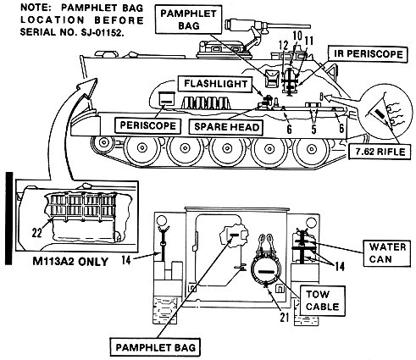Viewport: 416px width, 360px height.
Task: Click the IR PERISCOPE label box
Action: (368, 54)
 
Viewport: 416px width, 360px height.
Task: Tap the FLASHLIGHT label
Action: (215, 84)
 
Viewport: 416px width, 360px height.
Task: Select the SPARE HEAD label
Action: (226, 127)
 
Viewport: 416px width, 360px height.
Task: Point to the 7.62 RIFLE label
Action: (380, 152)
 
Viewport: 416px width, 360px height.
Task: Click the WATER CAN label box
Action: (387, 253)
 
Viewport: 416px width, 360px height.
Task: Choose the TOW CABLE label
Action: (323, 301)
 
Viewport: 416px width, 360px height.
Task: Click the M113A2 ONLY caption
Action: (70, 262)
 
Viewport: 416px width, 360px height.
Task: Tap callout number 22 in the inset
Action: (36, 233)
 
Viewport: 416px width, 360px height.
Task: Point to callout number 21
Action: (285, 318)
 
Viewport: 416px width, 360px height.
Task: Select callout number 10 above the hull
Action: (297, 36)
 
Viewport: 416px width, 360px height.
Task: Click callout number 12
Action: (283, 46)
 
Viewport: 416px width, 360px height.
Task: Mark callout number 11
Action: (309, 42)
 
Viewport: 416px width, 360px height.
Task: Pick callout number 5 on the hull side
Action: (313, 129)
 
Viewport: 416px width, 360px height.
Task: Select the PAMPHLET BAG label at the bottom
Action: (155, 347)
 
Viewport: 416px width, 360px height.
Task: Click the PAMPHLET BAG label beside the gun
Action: (188, 19)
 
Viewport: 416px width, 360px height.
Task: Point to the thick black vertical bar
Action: (9, 219)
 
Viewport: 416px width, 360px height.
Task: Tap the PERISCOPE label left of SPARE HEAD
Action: (147, 125)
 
